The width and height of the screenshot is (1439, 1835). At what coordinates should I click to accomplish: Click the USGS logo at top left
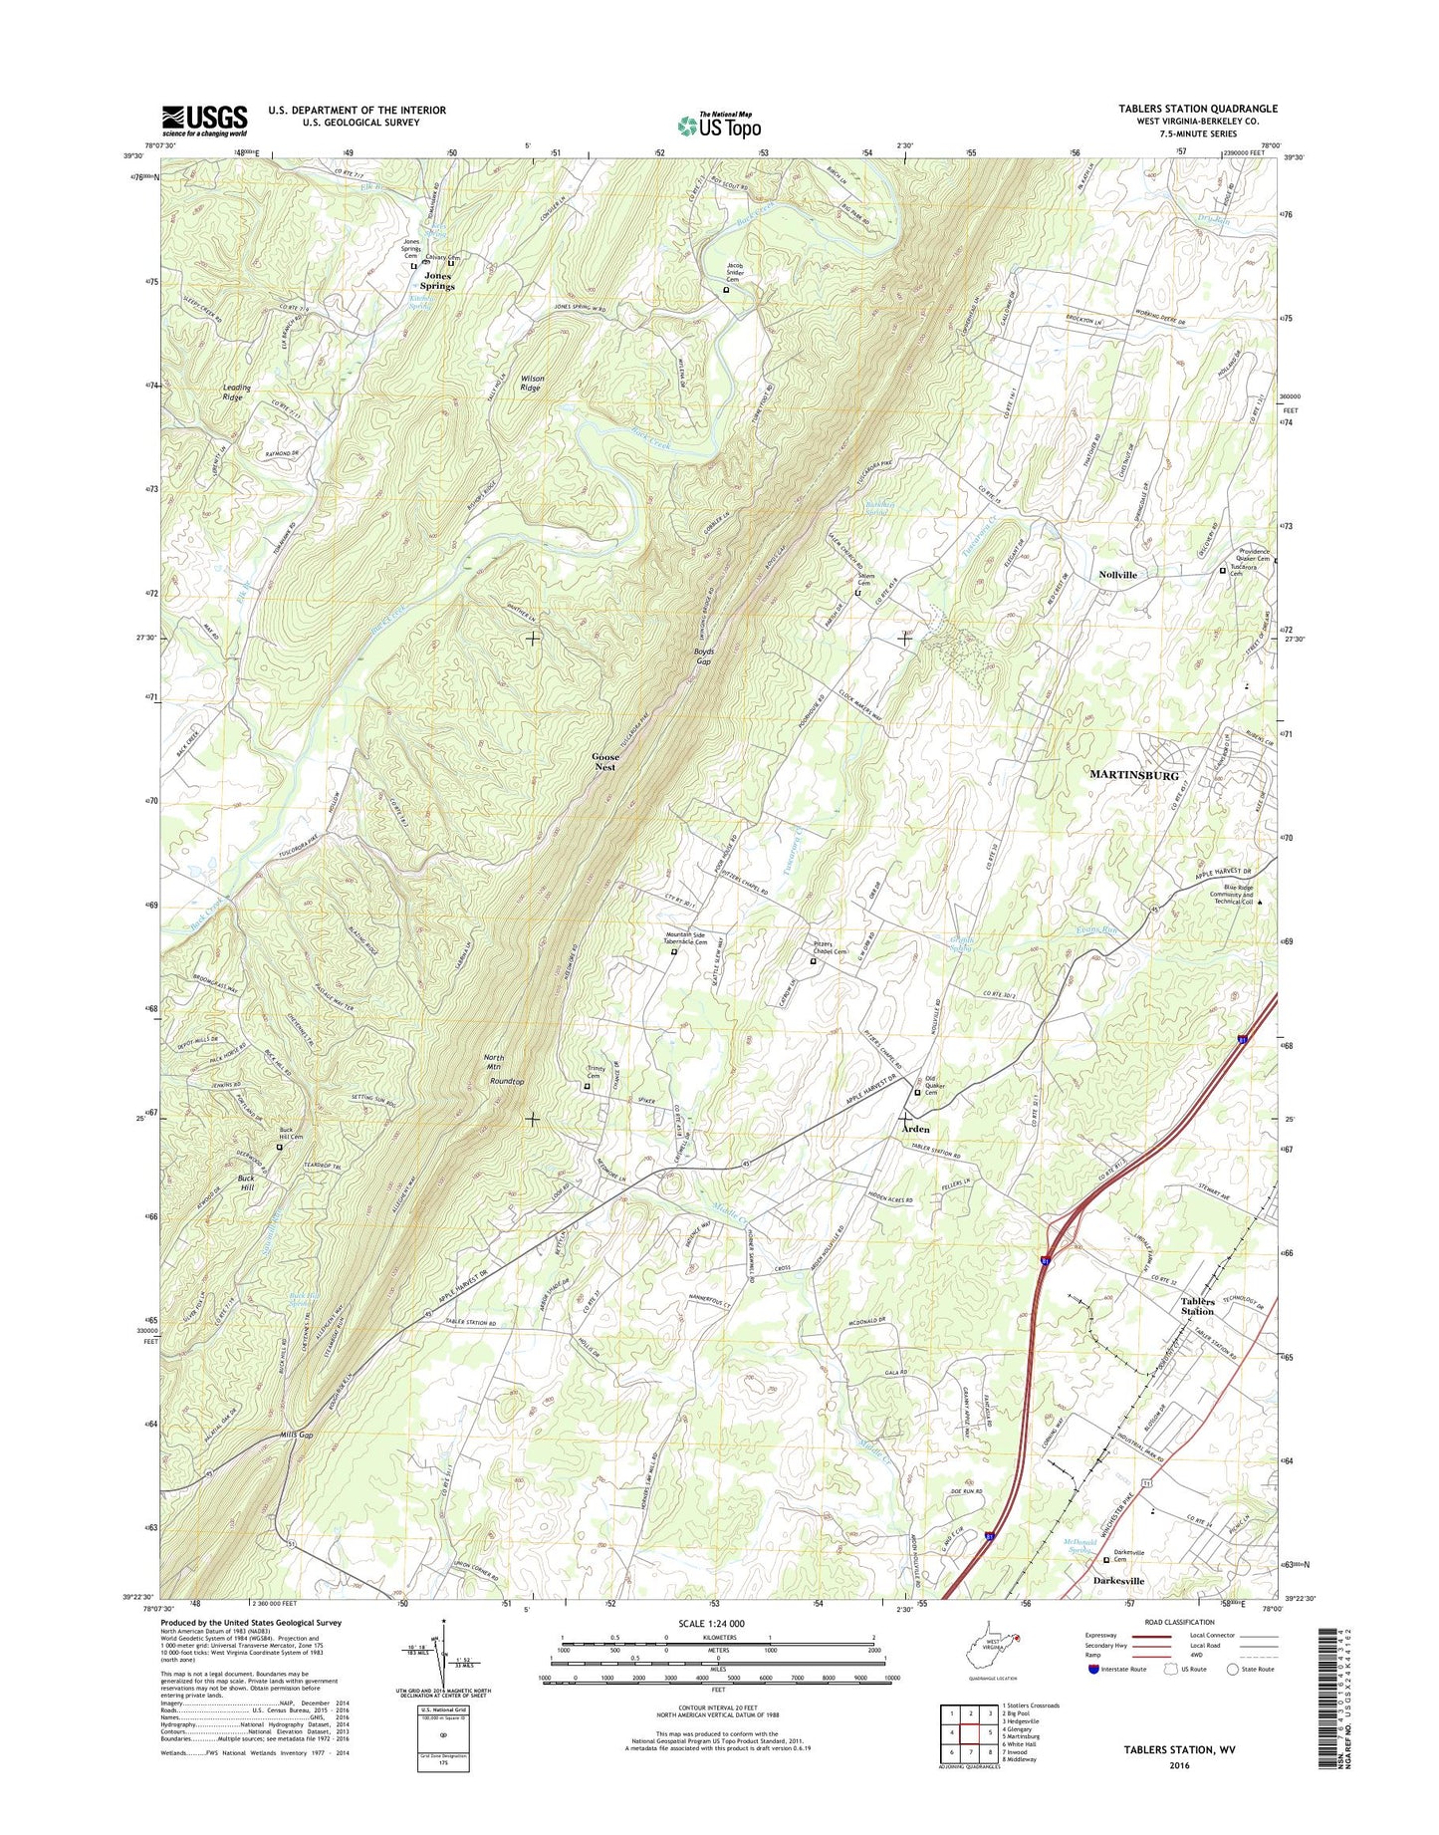point(204,121)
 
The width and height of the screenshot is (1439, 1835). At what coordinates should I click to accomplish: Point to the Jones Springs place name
point(437,280)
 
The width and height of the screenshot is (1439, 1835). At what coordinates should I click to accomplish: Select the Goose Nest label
point(604,761)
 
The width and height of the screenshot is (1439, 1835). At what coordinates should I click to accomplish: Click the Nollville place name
point(1117,575)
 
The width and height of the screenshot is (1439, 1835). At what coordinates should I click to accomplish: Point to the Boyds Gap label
point(703,656)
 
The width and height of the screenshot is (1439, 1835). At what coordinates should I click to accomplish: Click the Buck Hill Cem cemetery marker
point(279,1147)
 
